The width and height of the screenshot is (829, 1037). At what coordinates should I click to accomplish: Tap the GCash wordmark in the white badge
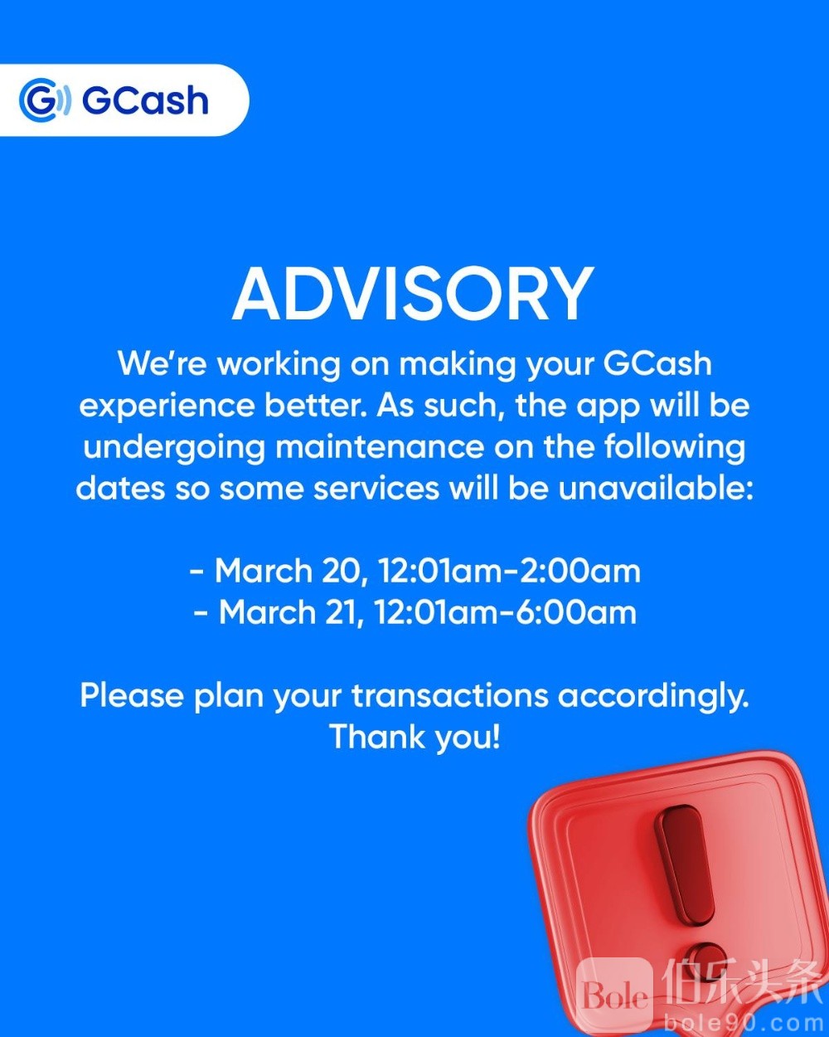[145, 100]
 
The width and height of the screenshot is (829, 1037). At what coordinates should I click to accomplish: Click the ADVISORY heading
[413, 294]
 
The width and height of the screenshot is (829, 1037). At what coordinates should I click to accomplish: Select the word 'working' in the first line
[279, 365]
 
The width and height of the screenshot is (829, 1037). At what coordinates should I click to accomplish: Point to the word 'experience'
[167, 407]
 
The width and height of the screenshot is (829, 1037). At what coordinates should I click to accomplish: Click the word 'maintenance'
[380, 447]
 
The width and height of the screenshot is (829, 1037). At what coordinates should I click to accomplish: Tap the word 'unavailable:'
[656, 488]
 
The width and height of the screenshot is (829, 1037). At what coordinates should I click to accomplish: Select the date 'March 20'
[288, 571]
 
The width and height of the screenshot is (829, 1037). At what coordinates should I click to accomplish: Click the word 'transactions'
[449, 696]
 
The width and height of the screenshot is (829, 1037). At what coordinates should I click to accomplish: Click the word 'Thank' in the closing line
[377, 738]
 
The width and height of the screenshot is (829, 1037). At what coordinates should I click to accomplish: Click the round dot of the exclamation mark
[705, 961]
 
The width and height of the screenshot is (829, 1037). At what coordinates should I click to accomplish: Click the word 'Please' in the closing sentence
[132, 696]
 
